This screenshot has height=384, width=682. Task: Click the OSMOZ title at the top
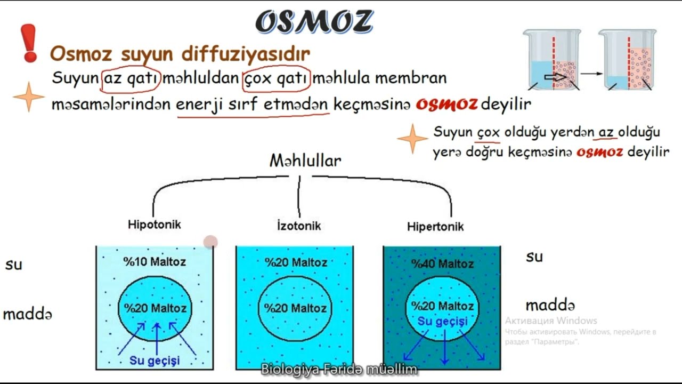click(314, 22)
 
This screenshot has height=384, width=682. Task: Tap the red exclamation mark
click(29, 43)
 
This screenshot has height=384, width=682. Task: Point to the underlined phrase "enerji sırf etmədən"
click(253, 105)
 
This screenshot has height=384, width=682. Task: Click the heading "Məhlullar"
click(305, 161)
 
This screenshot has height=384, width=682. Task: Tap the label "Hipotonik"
click(154, 224)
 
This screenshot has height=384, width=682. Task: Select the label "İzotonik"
click(299, 226)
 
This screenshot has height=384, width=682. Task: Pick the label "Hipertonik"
click(435, 227)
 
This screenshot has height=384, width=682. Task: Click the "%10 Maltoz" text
click(155, 262)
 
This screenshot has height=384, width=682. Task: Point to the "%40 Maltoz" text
click(442, 263)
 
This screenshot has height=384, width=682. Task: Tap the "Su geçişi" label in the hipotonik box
click(155, 361)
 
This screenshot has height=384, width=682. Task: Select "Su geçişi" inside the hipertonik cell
click(442, 321)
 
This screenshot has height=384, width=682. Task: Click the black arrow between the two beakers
click(588, 73)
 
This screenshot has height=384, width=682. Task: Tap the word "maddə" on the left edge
click(28, 314)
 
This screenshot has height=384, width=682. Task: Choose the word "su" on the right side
click(534, 257)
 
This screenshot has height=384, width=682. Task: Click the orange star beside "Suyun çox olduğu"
click(412, 139)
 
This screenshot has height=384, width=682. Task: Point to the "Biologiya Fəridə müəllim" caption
click(339, 369)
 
